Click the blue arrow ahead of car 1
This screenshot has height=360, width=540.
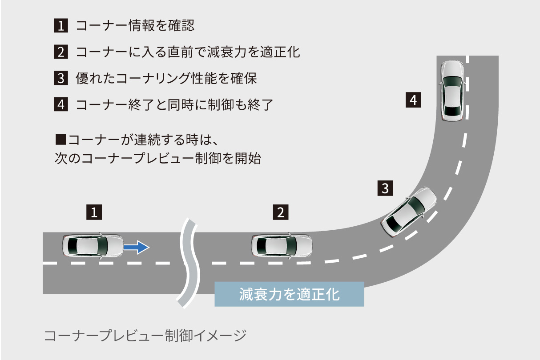pyautogui.click(x=136, y=247)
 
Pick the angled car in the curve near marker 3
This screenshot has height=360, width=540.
pyautogui.click(x=408, y=212)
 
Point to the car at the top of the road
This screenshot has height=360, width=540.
pyautogui.click(x=452, y=90)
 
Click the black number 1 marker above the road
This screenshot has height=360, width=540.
pyautogui.click(x=94, y=212)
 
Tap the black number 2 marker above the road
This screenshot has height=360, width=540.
pyautogui.click(x=281, y=212)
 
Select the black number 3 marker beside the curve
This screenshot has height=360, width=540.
pyautogui.click(x=385, y=188)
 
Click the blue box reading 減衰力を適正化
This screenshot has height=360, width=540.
pyautogui.click(x=289, y=294)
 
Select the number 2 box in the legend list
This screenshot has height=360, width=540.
pyautogui.click(x=60, y=52)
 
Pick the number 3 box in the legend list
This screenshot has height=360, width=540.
pyautogui.click(x=60, y=79)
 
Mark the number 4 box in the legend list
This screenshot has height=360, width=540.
pyautogui.click(x=60, y=105)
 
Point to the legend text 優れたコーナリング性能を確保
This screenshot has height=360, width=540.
pyautogui.click(x=166, y=79)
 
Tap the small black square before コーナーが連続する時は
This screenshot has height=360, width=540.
pyautogui.click(x=60, y=140)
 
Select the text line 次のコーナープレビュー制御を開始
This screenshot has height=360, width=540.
pyautogui.click(x=157, y=159)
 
